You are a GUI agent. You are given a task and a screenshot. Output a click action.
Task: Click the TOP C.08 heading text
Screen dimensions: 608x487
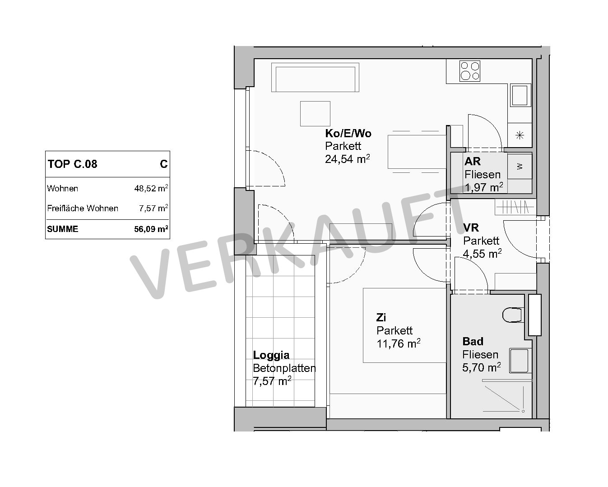pos(72,164)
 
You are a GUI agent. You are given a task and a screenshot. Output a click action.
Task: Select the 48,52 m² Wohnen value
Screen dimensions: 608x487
pos(151,188)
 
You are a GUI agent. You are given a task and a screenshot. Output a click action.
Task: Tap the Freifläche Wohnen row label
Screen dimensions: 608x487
pos(83,208)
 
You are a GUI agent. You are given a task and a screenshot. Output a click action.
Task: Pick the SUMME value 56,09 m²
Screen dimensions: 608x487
pos(151,228)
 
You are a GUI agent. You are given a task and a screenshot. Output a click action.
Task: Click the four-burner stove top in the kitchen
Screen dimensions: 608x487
pos(469,71)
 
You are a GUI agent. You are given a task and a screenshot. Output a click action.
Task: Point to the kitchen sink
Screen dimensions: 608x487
pos(520,95)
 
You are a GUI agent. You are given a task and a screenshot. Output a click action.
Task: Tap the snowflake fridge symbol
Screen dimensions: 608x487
pos(520,135)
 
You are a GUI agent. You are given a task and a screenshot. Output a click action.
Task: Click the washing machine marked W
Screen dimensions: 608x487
pos(520,167)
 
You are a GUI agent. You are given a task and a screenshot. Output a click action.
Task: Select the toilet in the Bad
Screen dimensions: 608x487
pos(512,315)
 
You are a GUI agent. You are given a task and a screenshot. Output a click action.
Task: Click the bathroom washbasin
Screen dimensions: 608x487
pos(519,361)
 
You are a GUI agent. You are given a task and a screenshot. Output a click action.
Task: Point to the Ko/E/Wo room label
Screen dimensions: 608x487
pos(348,133)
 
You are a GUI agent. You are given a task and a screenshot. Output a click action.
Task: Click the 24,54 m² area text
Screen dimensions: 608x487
pos(347,159)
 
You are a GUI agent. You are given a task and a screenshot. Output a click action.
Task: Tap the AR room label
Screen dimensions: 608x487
pos(473,161)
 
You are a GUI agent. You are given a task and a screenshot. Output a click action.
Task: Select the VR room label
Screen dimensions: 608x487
pos(471,227)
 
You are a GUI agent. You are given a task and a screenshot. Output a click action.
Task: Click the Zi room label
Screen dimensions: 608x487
pos(381,317)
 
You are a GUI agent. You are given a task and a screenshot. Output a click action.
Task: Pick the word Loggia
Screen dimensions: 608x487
pos(271,355)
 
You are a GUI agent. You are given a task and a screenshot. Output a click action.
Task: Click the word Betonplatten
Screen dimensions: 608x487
pos(284,368)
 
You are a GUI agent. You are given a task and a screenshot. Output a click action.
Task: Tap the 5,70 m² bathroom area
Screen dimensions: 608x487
pos(482,367)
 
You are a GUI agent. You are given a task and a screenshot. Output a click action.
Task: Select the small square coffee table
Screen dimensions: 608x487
pos(315,114)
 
